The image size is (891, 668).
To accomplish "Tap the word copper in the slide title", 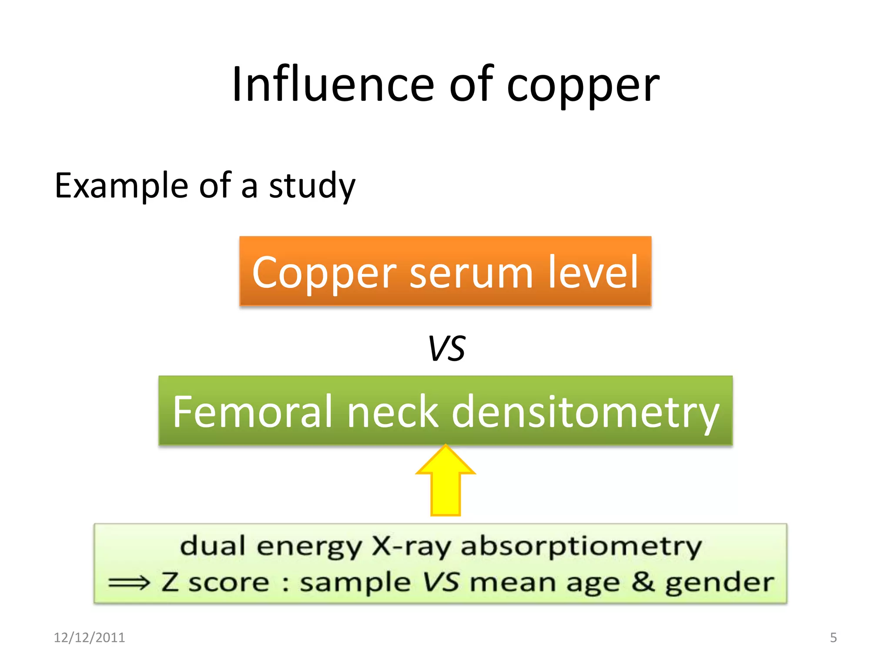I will (x=583, y=86).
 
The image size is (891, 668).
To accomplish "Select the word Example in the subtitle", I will (x=121, y=186).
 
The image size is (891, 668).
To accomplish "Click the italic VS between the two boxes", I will (x=446, y=349).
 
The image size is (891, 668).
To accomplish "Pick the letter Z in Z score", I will (x=170, y=582).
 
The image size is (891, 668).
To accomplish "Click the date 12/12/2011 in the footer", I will (x=89, y=638).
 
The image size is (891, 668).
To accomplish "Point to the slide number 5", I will (x=833, y=638).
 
